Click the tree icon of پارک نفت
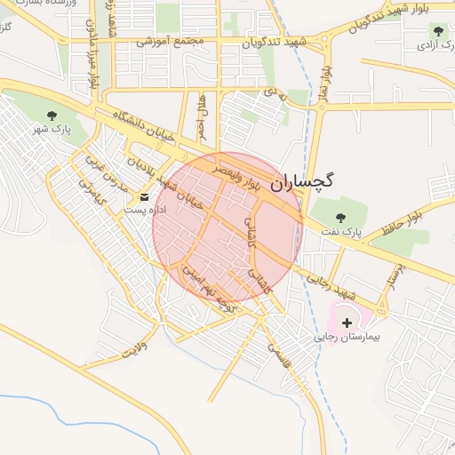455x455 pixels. point(340,217)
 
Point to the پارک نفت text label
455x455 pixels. point(341,232)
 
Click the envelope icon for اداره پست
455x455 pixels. point(145,196)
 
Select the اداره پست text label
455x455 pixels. point(140,210)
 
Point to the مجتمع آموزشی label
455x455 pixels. point(171,41)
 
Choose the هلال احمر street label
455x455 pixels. point(202,115)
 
